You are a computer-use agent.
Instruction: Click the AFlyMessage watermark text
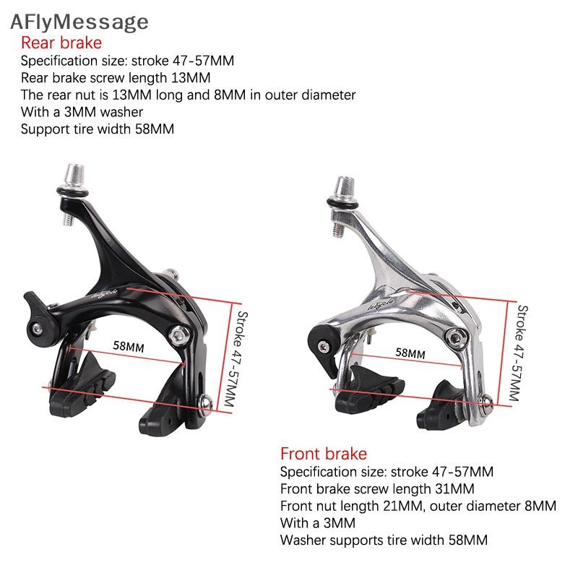79,22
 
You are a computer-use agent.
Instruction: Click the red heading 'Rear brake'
61,43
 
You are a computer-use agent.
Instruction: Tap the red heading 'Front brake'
324,454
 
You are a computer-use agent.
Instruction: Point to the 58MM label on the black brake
129,346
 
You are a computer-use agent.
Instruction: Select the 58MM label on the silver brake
410,353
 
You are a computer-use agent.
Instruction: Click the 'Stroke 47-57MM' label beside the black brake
236,359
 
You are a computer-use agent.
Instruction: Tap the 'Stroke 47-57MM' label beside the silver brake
519,353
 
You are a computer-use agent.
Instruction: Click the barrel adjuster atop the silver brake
345,189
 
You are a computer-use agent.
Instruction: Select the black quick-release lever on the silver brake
324,347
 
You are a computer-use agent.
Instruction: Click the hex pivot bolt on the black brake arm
179,335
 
